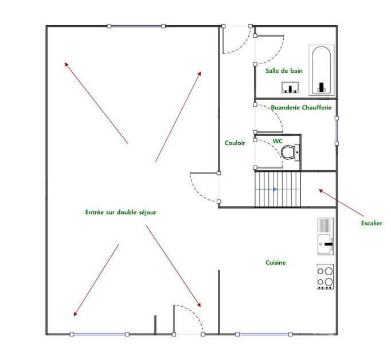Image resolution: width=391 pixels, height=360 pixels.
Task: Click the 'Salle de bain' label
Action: click(284, 71)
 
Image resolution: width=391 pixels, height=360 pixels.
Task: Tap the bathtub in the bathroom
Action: click(320, 70)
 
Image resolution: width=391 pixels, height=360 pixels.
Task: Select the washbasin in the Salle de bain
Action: click(291, 88)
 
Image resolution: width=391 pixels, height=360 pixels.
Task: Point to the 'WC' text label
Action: click(277, 140)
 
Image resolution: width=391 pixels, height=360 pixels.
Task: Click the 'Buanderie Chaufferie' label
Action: click(301, 107)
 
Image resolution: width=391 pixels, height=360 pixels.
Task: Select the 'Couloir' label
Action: click(235, 143)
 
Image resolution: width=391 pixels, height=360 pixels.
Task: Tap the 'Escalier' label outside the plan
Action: click(372, 223)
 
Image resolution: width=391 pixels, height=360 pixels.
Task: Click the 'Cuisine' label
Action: click(275, 263)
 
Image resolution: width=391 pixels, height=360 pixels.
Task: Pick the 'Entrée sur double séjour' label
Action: click(120, 212)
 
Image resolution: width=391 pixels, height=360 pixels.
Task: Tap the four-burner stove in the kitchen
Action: click(326, 276)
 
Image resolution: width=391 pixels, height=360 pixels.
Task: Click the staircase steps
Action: click(277, 189)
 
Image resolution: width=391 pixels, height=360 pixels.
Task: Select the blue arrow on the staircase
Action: click(275, 189)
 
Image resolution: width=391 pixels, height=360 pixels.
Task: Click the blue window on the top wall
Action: click(136, 26)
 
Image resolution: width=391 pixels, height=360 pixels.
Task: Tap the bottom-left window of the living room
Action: click(99, 334)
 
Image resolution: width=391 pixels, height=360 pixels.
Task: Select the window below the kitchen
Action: click(264, 334)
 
